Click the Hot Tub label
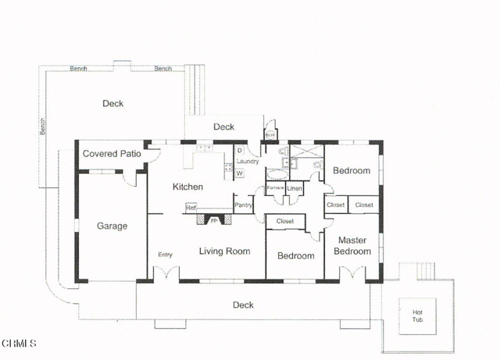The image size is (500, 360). coord(417,315)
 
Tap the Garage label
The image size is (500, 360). coord(112,226)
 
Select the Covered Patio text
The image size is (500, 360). coord(112,154)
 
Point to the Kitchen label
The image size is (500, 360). coord(187,187)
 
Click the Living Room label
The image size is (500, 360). coord(224,251)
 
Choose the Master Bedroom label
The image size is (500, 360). coord(352,246)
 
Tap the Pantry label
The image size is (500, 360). coord(244,205)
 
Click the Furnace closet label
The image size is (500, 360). coord(275,188)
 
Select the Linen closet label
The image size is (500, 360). coord(295,188)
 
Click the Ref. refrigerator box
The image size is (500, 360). coord(191,208)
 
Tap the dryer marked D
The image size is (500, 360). coord(239,150)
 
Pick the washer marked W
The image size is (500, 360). coord(240,173)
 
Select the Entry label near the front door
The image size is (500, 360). coord(165,255)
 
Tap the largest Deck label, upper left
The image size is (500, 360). coord(112,103)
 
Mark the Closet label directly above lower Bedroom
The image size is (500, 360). coord(284,222)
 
